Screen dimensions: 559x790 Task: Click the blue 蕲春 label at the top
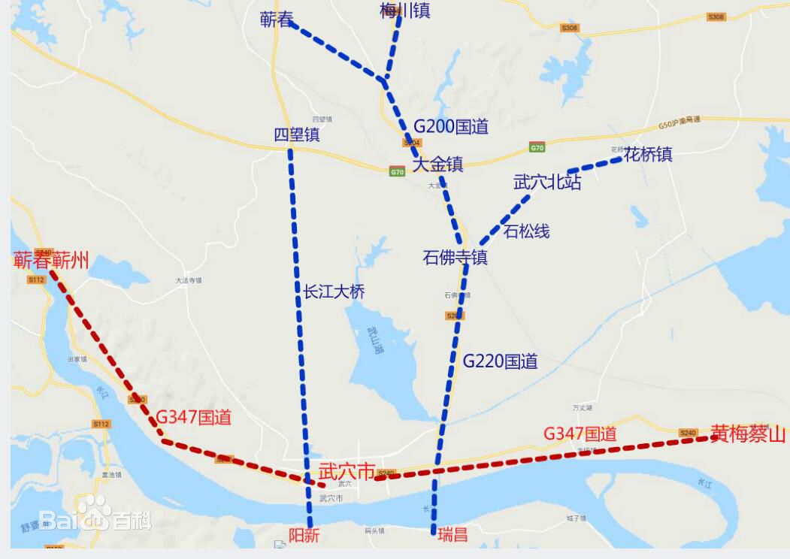277,20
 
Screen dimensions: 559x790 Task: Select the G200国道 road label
451,126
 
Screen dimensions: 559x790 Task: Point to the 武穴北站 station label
547,182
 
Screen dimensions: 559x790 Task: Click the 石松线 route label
526,231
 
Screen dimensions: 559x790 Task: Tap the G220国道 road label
500,361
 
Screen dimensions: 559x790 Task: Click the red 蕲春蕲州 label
51,261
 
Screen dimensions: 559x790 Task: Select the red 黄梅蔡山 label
747,434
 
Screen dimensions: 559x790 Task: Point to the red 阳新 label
304,535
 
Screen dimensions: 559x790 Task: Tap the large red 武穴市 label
347,472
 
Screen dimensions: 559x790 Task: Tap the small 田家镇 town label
77,359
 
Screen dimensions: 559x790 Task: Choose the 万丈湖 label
583,408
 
